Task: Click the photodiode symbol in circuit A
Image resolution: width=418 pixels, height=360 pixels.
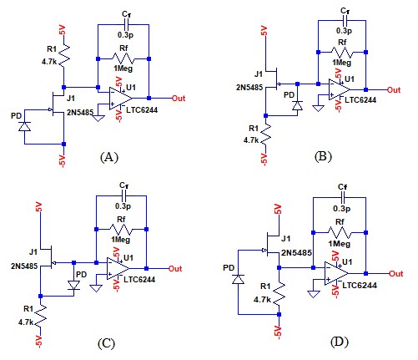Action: pos(24,127)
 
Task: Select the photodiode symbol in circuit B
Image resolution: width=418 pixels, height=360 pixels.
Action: pos(298,105)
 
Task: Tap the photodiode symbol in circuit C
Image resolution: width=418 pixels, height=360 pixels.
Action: pos(73,285)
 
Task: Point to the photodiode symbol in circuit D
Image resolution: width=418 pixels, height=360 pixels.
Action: pos(238,279)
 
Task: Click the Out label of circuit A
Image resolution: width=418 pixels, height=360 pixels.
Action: pos(179,99)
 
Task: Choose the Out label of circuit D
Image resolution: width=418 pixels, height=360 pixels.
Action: pos(395,274)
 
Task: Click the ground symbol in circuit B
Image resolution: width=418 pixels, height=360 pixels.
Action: pos(318,108)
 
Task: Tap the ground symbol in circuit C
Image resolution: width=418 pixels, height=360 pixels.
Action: pos(96,288)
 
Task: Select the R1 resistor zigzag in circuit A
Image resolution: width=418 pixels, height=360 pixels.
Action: pos(63,55)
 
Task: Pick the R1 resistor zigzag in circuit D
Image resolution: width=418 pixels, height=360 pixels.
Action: pos(279,294)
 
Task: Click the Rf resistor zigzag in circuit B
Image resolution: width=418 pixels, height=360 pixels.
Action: pos(342,52)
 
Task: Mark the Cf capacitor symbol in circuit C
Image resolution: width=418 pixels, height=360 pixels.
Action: pos(124,196)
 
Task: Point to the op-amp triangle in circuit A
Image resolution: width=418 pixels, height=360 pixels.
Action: pos(120,98)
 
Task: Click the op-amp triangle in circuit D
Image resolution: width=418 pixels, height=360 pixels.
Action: pos(336,273)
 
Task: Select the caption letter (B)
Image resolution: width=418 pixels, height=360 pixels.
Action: pos(323,156)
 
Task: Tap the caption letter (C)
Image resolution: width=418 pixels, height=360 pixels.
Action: pos(106,343)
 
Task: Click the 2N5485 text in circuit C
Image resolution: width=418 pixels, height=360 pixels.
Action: pos(24,266)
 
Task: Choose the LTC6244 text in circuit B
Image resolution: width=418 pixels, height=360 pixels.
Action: pos(360,100)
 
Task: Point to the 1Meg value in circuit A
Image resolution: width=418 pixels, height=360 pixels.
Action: pos(123,68)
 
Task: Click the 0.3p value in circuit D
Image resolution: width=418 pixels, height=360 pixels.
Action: pos(342,209)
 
